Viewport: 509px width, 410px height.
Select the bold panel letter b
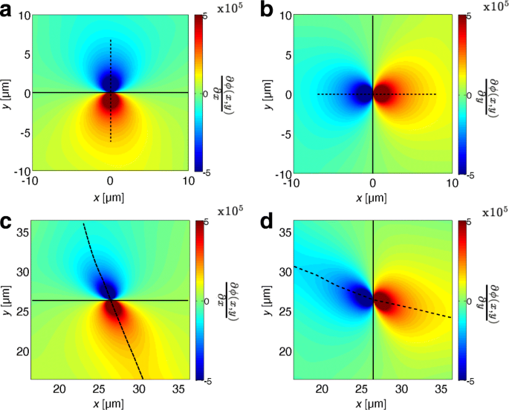[x=265, y=10]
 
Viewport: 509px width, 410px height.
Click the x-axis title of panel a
[x=110, y=198]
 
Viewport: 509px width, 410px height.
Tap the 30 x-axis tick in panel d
[x=402, y=388]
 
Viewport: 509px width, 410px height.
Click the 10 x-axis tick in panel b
[x=451, y=183]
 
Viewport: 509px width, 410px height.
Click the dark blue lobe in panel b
[x=362, y=94]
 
